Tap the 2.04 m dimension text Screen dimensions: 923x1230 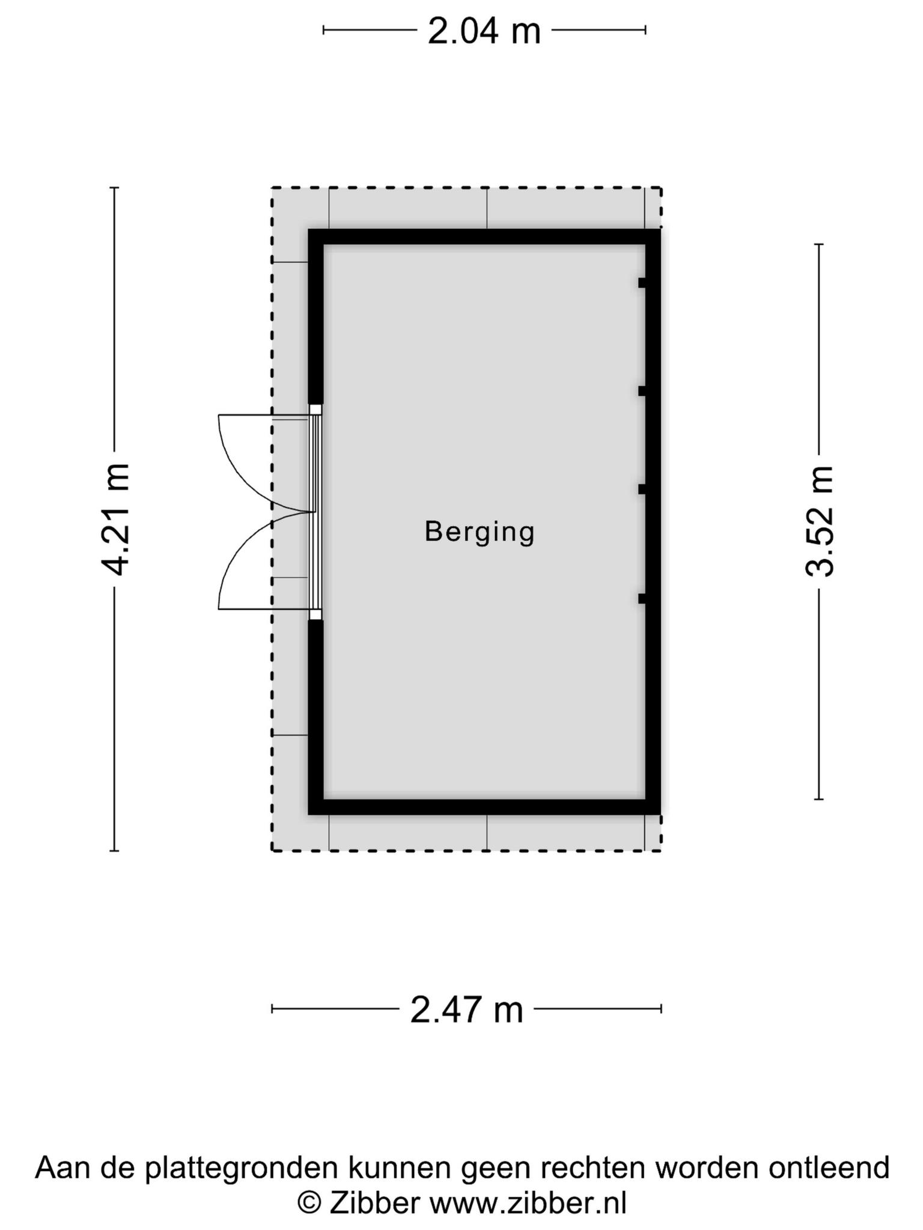484,31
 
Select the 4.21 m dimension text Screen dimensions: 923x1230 115,519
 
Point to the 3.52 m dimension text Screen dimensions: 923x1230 820,521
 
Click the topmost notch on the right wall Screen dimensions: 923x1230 642,283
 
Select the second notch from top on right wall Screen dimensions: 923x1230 642,391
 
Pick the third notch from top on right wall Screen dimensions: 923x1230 642,489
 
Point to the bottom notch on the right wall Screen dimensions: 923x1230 642,598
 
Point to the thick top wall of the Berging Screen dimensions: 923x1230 484,237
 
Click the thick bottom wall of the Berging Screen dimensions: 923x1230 484,807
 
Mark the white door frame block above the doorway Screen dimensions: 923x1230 315,410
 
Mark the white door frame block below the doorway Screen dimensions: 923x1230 315,614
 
